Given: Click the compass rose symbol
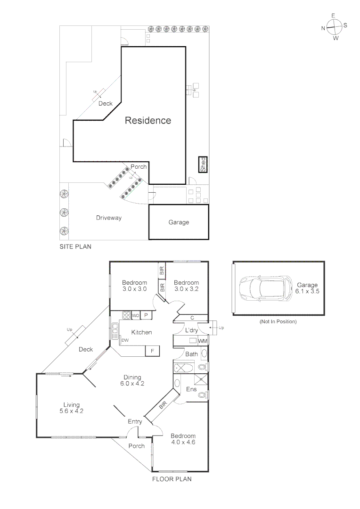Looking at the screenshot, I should click(334, 27).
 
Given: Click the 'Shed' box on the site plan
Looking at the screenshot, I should click(203, 164).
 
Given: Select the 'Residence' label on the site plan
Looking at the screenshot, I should click(147, 121).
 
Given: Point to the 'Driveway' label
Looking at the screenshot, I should click(109, 218).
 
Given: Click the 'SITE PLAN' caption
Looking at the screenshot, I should click(75, 246).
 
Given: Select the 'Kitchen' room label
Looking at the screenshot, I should click(141, 332).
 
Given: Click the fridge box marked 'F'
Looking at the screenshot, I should click(152, 351).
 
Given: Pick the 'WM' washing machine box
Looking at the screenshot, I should click(203, 341).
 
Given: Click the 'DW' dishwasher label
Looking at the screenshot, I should click(125, 340).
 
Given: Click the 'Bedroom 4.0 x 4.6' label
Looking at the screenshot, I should click(183, 439).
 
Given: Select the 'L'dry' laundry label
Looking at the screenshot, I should click(191, 330).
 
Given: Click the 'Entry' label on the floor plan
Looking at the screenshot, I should click(135, 422).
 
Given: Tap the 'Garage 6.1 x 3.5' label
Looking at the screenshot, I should click(307, 288).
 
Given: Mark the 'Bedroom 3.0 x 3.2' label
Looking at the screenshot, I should click(187, 286).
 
